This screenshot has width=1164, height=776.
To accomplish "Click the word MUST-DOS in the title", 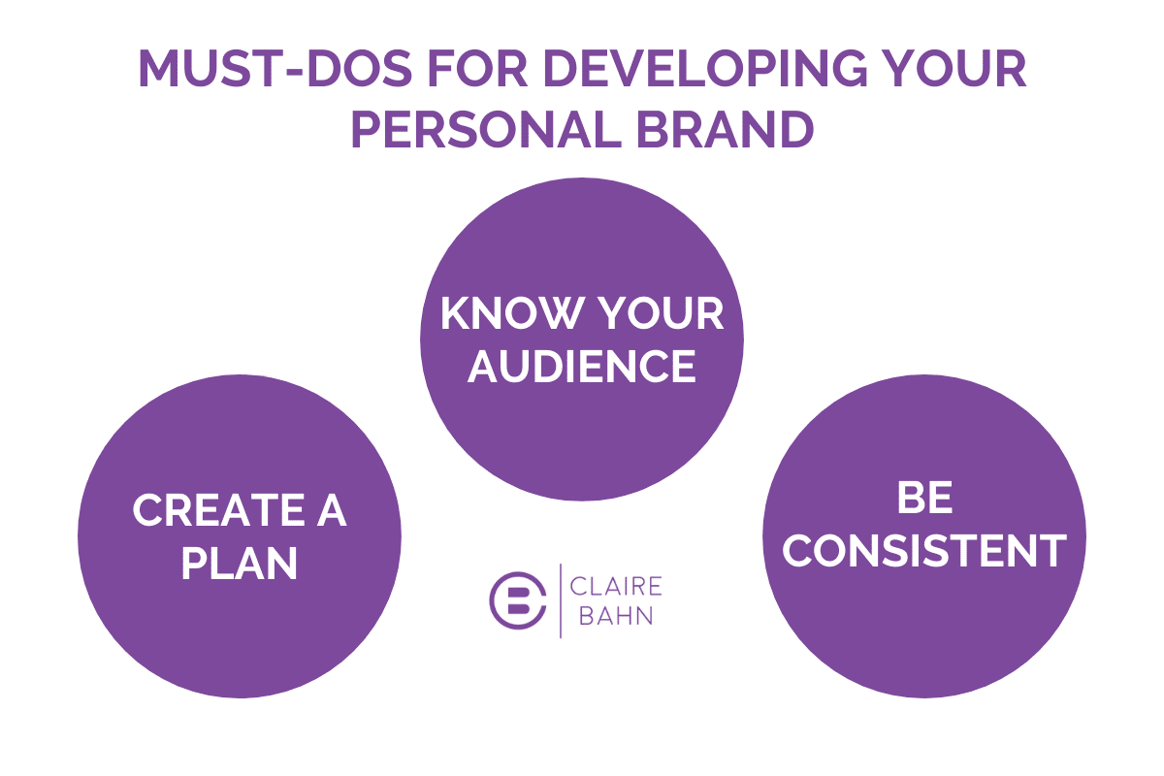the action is pos(275,68).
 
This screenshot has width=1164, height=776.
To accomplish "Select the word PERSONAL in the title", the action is pos(487,129).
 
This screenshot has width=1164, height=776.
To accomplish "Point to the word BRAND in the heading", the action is pos(725,129).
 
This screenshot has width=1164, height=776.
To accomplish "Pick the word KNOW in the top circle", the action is pos(511,313).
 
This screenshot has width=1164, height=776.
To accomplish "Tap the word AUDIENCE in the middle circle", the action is pos(582,367).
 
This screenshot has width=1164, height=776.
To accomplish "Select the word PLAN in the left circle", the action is pos(239,564).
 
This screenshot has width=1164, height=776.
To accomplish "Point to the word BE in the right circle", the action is pos(925,498).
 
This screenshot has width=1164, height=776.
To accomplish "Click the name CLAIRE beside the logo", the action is pos(616,586).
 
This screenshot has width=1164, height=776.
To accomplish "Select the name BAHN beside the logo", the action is pos(616,616).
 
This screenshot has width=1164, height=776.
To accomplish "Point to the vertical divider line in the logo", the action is pos(561,600).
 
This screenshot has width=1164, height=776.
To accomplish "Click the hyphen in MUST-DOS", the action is pos(294,71).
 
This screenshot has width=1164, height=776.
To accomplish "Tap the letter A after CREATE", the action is pos(332,510).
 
